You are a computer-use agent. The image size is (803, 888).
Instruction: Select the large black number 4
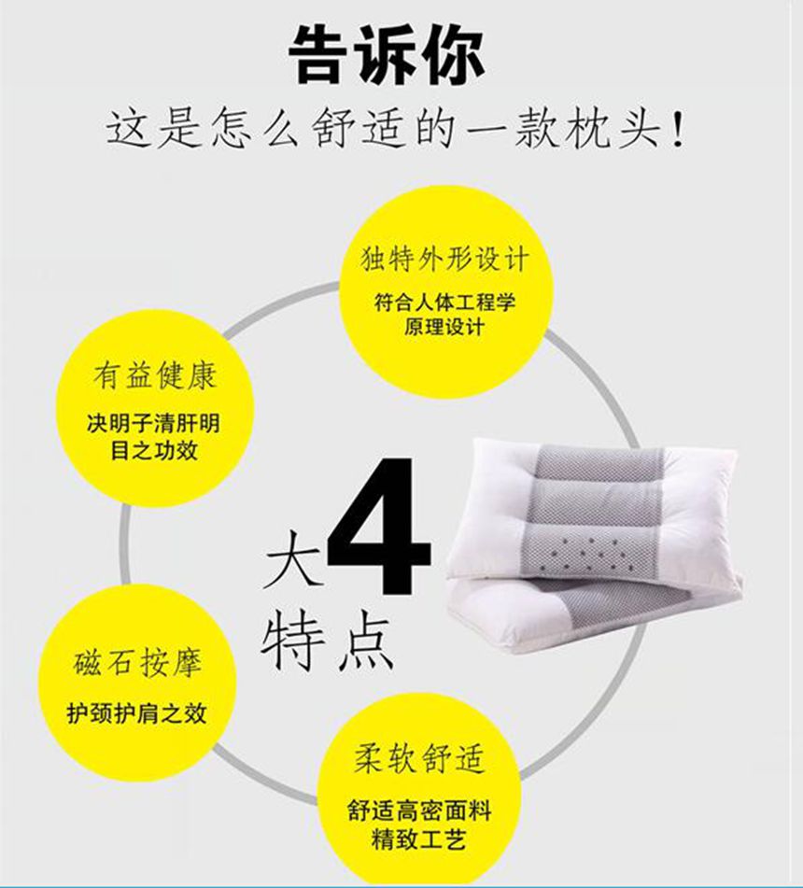[378, 526]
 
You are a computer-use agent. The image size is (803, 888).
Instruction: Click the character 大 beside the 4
[293, 557]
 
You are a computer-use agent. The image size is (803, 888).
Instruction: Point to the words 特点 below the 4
[327, 642]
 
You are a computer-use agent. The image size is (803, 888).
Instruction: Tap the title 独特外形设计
[444, 259]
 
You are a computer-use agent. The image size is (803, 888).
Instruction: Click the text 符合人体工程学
[444, 303]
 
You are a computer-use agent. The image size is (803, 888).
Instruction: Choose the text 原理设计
[444, 327]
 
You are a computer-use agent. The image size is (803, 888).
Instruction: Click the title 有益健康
[155, 375]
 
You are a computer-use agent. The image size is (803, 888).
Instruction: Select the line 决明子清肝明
[153, 423]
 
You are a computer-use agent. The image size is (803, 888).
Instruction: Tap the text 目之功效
[154, 450]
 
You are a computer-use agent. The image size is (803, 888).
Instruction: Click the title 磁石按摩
[137, 663]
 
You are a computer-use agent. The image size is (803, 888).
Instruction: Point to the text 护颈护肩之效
[136, 712]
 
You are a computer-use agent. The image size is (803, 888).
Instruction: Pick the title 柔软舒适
[419, 758]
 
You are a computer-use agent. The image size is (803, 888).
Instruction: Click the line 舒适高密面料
[419, 811]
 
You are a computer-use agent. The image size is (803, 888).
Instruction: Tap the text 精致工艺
[419, 839]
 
